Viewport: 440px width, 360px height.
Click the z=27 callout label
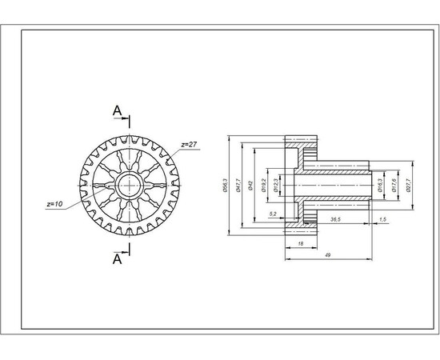pyautogui.click(x=189, y=145)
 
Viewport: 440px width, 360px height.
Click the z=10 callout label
pyautogui.click(x=55, y=205)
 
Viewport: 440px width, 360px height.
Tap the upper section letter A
pyautogui.click(x=117, y=110)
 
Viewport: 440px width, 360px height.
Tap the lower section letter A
pyautogui.click(x=117, y=258)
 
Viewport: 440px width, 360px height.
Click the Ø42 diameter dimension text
pyautogui.click(x=251, y=186)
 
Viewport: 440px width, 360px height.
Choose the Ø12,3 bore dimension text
pyautogui.click(x=277, y=185)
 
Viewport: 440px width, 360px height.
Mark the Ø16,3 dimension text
pyautogui.click(x=380, y=186)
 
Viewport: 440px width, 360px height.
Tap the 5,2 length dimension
pyautogui.click(x=273, y=214)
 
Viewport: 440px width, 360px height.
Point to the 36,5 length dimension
pyautogui.click(x=335, y=218)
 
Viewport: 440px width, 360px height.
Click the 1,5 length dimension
pyautogui.click(x=382, y=218)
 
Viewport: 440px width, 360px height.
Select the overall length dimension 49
pyautogui.click(x=328, y=254)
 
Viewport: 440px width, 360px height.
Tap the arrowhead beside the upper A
pyautogui.click(x=126, y=119)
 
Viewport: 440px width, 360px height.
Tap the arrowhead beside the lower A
pyautogui.click(x=126, y=249)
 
